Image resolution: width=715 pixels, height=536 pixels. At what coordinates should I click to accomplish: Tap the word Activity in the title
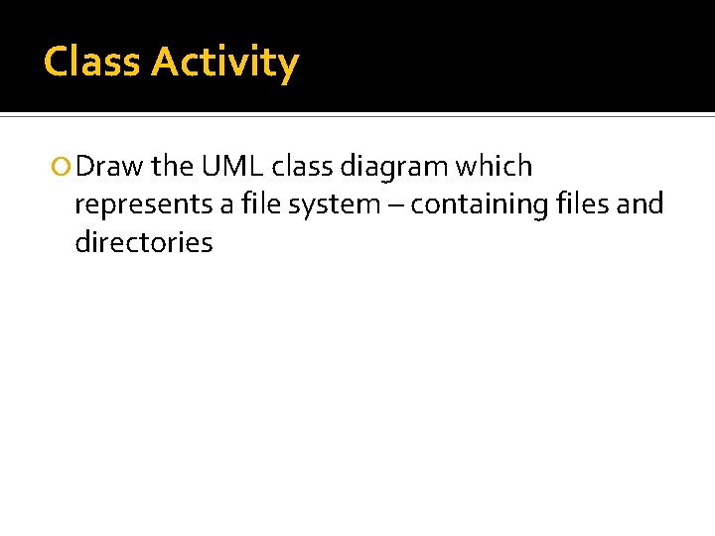[224, 64]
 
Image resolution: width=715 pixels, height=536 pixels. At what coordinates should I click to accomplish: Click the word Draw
[109, 167]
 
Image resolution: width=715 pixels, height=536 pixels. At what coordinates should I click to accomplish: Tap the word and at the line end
[643, 204]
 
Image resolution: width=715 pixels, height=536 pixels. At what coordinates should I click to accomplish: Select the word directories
[143, 242]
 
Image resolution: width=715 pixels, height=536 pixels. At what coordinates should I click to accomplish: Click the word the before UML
[172, 167]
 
